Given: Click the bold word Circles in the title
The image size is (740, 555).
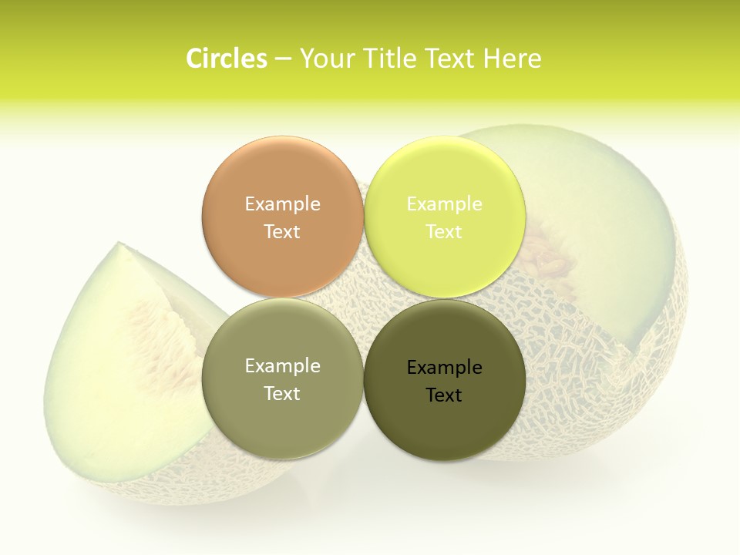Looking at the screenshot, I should [226, 59].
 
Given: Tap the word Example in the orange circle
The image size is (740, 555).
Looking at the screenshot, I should [282, 203].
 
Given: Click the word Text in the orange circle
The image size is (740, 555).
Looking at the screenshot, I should [282, 231].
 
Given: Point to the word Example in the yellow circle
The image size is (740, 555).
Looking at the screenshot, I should [444, 203].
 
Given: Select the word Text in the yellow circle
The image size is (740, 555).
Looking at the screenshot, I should [444, 231].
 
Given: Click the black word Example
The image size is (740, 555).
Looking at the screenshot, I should [444, 367].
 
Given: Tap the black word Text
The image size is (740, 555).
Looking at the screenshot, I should [444, 395].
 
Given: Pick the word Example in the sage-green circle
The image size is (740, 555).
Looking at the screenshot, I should [282, 365].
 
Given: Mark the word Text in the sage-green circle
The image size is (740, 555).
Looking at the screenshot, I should [282, 393].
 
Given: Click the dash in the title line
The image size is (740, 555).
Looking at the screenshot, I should [283, 59].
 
